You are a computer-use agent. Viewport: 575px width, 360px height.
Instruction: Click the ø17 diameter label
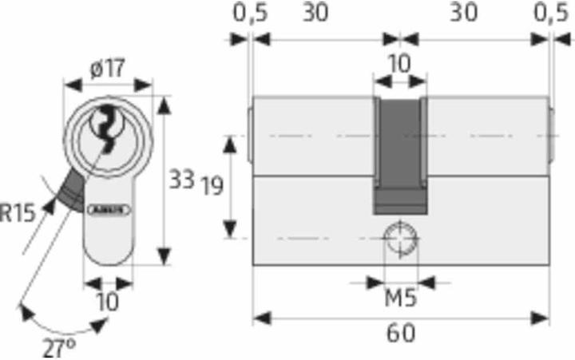tap(108, 70)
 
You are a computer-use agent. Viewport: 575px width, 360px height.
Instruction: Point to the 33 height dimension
tap(181, 180)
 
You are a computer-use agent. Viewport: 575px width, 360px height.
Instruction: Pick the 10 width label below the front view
tap(107, 302)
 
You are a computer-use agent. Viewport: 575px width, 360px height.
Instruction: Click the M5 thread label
tap(399, 301)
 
